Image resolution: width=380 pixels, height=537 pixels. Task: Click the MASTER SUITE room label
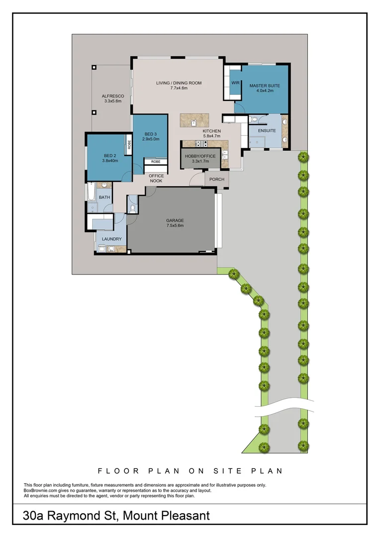[x=265, y=86]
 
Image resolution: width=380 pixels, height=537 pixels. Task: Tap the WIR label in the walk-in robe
[x=236, y=83]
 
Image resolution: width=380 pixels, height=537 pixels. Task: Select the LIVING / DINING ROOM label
[x=179, y=83]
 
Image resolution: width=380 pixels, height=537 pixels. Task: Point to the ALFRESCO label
[x=112, y=96]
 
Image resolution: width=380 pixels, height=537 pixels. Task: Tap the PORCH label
[x=217, y=179]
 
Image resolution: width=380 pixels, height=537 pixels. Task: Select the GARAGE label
[x=175, y=220]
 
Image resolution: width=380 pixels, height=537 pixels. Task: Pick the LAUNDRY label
[x=111, y=239]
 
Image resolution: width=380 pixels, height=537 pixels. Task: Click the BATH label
[x=104, y=197]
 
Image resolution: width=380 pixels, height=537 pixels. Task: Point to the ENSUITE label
[x=266, y=131]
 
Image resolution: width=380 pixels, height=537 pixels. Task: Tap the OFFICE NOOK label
[x=157, y=179]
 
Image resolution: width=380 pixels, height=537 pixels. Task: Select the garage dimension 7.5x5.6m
[x=175, y=226]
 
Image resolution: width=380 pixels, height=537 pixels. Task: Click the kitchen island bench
[x=194, y=120]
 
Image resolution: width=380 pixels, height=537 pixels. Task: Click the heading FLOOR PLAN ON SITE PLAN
[x=190, y=470]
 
